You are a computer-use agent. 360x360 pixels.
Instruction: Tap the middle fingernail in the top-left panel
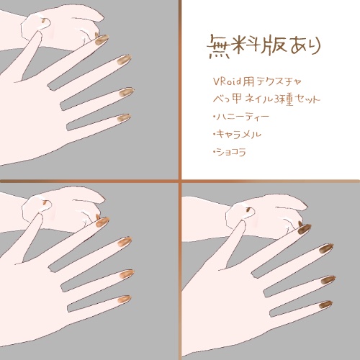coord(125,60)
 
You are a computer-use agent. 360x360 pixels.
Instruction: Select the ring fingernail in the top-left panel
coord(127,92)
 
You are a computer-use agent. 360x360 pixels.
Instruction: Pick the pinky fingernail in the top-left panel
coord(123,117)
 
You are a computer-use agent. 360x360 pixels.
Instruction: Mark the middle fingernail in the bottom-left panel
coord(125,240)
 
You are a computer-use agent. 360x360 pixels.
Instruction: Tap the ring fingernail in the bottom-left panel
coord(127,272)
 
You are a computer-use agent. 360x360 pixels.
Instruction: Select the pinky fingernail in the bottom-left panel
coord(123,297)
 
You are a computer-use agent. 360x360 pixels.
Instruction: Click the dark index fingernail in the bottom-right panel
coord(305,228)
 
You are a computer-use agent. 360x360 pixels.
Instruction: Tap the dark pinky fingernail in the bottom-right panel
coord(325,304)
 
